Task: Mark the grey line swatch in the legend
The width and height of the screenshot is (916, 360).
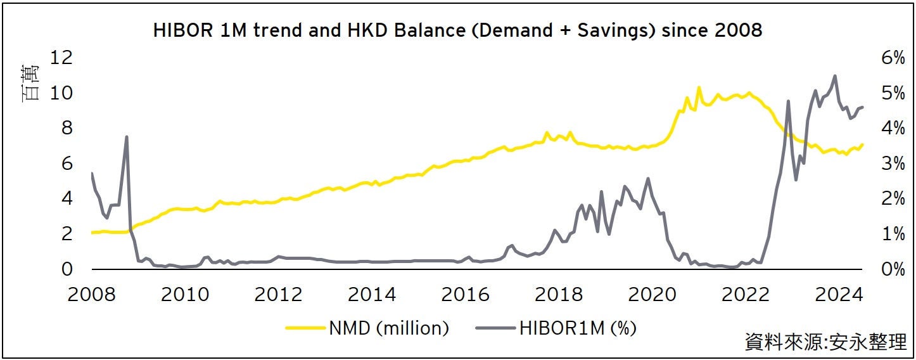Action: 495,328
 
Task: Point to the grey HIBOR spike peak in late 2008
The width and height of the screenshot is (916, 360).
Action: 127,136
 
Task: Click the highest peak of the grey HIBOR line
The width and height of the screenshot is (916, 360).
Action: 835,75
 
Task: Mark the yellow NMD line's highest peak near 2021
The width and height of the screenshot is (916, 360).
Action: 699,87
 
